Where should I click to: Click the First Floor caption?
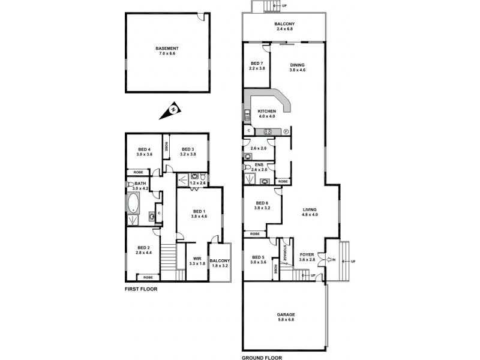[x=141, y=289]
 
